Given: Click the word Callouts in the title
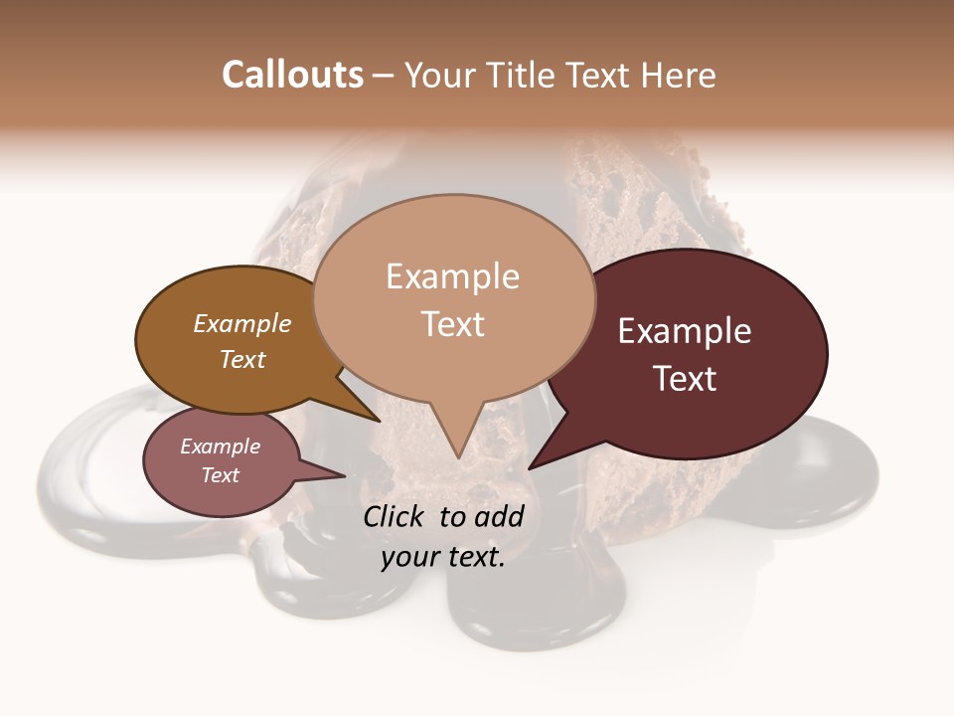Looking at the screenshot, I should pyautogui.click(x=292, y=75).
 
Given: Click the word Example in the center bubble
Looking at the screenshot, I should pyautogui.click(x=452, y=276).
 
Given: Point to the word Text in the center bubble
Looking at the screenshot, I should pyautogui.click(x=453, y=324).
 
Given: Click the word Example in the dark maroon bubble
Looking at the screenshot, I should pyautogui.click(x=685, y=331).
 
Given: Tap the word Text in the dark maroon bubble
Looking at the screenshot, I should pyautogui.click(x=685, y=379).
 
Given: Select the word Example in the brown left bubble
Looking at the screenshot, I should pyautogui.click(x=242, y=324).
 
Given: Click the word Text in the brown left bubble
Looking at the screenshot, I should pyautogui.click(x=242, y=360).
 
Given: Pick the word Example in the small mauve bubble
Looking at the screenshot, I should pyautogui.click(x=220, y=447).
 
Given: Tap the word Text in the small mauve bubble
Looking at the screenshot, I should pyautogui.click(x=220, y=475).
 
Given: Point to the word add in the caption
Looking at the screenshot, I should pyautogui.click(x=501, y=516).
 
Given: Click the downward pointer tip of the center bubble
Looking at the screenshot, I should pyautogui.click(x=457, y=458).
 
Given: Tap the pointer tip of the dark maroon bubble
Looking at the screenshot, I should pyautogui.click(x=530, y=468).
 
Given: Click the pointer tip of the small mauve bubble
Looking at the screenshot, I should pyautogui.click(x=345, y=475).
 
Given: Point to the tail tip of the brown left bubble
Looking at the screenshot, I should pyautogui.click(x=381, y=421).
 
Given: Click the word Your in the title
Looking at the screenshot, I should pyautogui.click(x=440, y=75).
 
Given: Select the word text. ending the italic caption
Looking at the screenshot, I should pyautogui.click(x=476, y=557).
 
